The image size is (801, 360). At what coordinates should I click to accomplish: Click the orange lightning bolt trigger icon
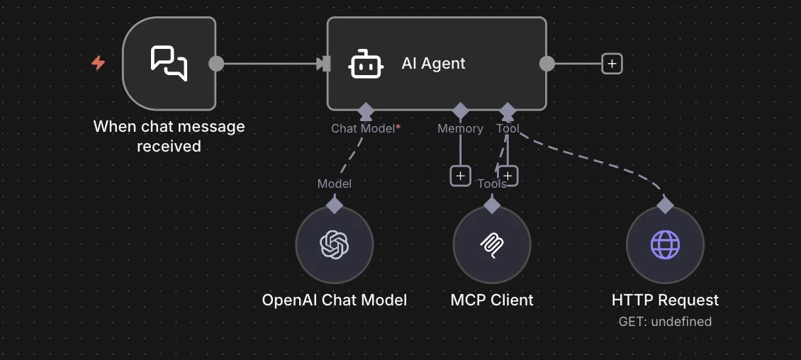99,63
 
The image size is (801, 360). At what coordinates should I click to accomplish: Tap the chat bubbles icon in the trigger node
169,63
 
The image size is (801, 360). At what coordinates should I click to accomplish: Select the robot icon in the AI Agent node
366,64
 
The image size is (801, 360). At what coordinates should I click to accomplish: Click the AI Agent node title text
433,63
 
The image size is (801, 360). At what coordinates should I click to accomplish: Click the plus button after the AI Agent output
612,64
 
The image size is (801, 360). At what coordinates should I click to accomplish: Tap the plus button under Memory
461,175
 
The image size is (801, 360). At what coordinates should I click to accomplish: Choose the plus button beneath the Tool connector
508,175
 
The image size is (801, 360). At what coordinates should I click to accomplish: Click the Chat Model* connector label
366,128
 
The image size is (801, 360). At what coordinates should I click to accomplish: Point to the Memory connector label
460,128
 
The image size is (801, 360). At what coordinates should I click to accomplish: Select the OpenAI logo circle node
335,245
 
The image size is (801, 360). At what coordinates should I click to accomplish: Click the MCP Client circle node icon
492,245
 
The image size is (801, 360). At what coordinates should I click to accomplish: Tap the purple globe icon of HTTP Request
665,245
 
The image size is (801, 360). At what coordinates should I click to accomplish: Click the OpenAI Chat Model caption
335,300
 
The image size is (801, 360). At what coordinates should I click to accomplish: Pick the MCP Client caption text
492,300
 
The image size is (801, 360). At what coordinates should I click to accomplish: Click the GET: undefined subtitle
665,321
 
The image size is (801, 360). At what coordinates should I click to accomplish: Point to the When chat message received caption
169,136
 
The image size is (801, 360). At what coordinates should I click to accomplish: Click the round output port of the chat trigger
216,64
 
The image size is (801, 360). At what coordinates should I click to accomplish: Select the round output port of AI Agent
547,64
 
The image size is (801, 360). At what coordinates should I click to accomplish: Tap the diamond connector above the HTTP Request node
665,205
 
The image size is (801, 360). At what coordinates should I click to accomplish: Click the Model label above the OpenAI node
335,184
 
